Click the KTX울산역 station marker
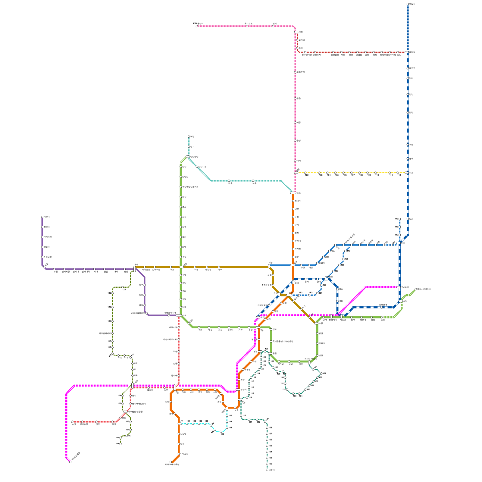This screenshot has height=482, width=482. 197,26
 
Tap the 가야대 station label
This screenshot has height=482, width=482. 47,217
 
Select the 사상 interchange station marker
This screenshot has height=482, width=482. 179,315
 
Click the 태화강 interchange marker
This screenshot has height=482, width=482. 407,52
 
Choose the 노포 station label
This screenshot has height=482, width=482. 299,193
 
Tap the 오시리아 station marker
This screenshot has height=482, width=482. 399,287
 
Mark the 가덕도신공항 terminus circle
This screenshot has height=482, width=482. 70,462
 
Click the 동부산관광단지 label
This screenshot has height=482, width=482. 424,289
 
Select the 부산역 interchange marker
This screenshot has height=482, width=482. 238,390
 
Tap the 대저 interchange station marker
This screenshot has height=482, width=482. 134,269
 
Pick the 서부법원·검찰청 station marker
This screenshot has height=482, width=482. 125,412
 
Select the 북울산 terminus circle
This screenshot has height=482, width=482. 408,4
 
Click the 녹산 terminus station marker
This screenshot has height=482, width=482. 72,422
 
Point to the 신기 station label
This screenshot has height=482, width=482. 192,147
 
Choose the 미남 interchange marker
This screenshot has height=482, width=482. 269,266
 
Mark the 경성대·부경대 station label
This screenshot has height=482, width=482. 311,359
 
